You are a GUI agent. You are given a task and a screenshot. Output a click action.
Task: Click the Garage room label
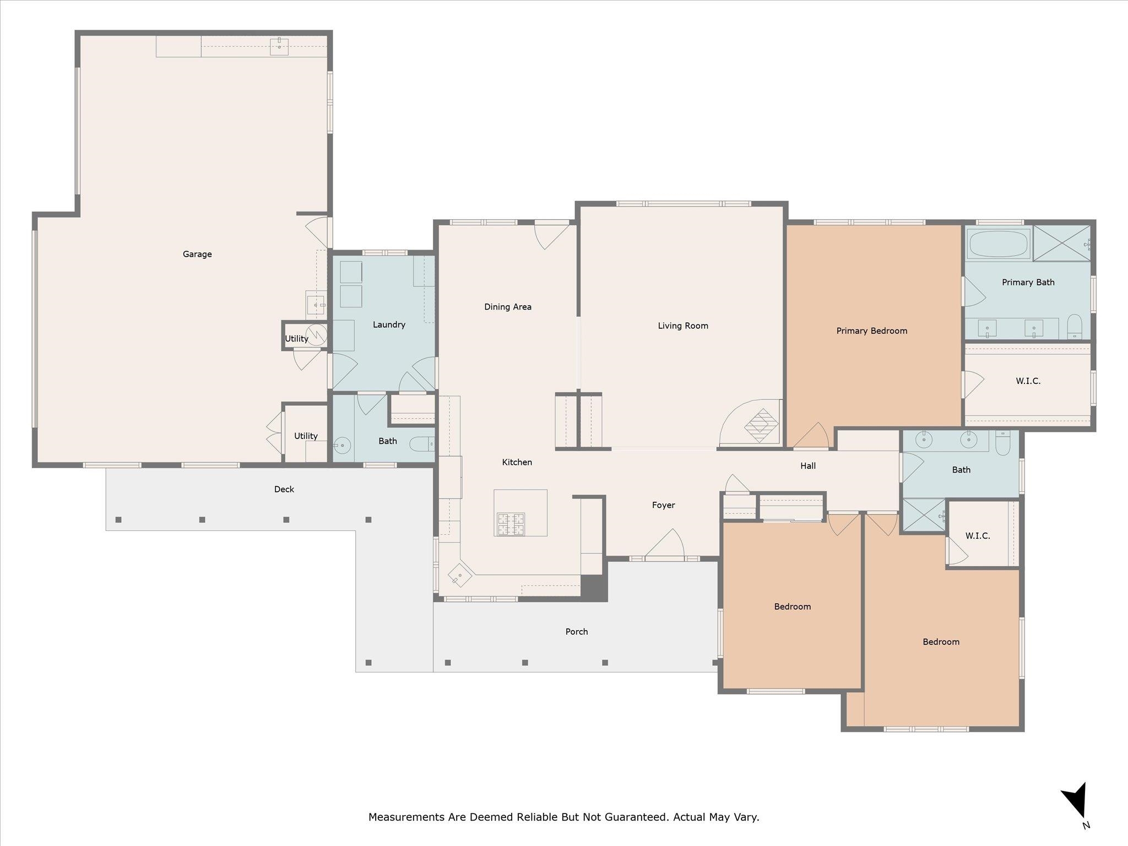[197, 254]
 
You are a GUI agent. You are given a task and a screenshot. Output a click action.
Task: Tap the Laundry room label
[389, 324]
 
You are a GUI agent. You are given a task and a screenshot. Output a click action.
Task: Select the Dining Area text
[508, 307]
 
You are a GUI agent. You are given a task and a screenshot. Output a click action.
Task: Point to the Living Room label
[683, 326]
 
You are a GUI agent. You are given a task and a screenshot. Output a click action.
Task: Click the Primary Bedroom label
[872, 330]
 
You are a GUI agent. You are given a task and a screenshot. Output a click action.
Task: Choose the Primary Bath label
[1028, 282]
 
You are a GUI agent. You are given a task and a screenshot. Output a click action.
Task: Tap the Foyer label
[663, 505]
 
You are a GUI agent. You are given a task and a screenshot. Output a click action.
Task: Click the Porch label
[577, 632]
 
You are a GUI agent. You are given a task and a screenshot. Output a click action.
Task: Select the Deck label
[284, 489]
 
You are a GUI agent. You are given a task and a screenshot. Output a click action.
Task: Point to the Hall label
[808, 466]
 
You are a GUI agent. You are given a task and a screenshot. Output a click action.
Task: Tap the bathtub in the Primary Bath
[999, 243]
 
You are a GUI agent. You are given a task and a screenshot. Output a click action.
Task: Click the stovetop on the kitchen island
[511, 524]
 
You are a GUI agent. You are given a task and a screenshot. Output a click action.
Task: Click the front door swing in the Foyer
[664, 544]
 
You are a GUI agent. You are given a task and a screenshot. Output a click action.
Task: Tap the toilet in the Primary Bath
[1075, 327]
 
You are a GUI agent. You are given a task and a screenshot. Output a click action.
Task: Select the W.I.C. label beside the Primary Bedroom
[1028, 381]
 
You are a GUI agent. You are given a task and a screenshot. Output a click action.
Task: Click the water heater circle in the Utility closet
[317, 334]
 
